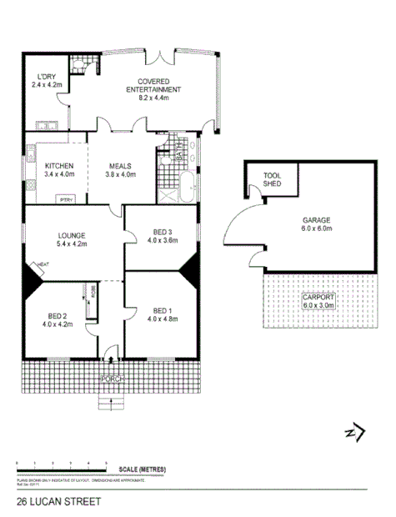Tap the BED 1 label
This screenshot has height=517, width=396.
[163, 312]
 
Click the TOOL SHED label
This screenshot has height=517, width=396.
[273, 179]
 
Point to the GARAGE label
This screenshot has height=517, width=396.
[317, 223]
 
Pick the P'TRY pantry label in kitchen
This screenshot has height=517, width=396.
[64, 199]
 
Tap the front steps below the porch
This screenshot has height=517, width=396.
[113, 403]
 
